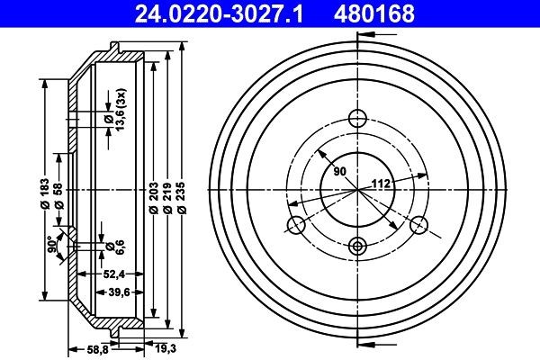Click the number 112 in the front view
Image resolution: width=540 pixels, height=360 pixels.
coord(382,186)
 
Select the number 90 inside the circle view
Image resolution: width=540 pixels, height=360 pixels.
coord(340,171)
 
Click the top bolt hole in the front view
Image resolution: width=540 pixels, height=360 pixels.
coord(357,118)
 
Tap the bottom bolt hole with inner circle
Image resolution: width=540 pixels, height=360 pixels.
coord(357,246)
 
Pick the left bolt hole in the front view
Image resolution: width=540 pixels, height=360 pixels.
coord(294,225)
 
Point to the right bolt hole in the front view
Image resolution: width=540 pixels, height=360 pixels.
coord(419,225)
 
